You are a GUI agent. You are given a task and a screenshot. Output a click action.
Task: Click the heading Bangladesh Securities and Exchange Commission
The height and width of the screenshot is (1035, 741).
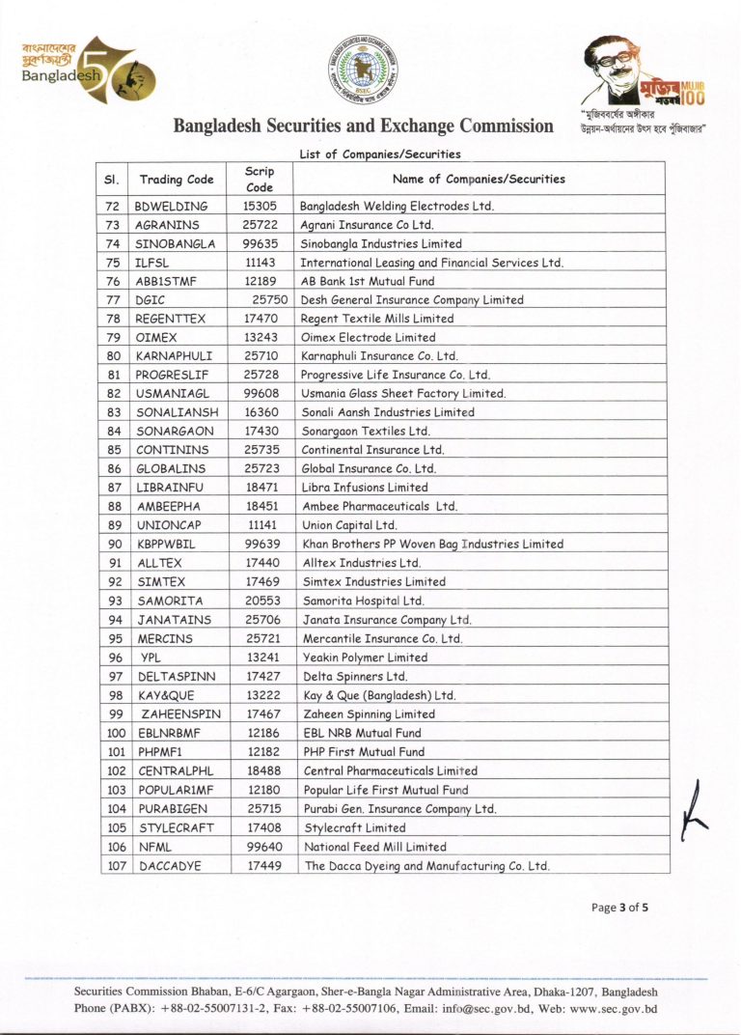(364, 126)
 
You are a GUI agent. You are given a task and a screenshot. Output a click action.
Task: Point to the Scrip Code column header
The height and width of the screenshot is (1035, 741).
(260, 179)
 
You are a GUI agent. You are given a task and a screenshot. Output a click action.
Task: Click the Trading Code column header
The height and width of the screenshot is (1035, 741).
(177, 179)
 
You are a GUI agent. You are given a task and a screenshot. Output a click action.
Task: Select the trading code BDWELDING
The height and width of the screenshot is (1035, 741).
(172, 206)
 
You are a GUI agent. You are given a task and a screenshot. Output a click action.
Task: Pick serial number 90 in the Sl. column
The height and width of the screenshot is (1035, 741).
(114, 545)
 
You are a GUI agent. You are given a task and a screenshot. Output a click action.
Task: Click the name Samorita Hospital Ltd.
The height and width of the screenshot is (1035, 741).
(364, 601)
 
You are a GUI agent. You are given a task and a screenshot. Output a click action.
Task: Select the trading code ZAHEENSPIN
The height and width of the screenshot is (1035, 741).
(180, 714)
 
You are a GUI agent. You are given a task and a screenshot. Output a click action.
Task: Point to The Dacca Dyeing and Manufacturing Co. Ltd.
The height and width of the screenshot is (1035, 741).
(426, 866)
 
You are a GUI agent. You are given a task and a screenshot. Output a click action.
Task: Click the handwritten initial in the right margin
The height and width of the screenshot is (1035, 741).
(693, 807)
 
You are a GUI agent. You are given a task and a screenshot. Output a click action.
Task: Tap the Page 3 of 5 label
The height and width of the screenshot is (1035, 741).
(619, 907)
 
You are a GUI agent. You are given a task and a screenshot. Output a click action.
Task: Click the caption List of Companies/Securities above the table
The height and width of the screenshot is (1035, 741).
(380, 154)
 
